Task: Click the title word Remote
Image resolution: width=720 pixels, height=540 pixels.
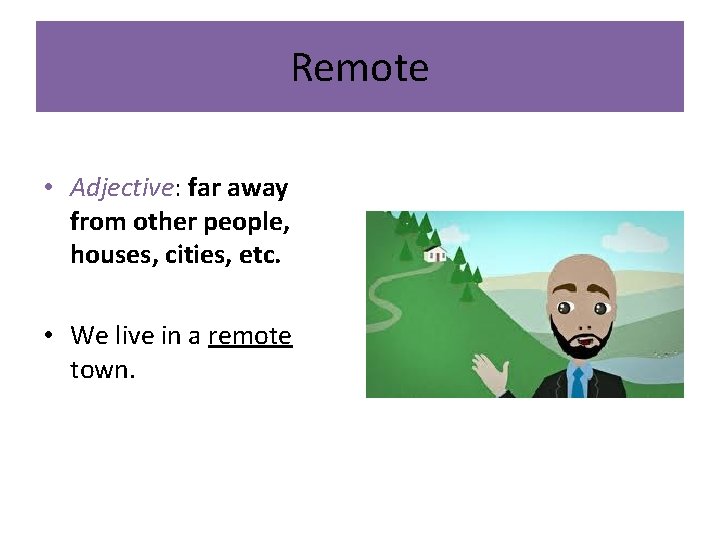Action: [360, 68]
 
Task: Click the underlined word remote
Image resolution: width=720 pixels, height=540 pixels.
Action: [250, 335]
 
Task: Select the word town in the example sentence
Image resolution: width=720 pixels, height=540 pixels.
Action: [100, 369]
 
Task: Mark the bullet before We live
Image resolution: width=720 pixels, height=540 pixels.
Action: [49, 336]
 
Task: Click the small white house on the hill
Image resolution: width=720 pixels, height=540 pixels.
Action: [435, 254]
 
